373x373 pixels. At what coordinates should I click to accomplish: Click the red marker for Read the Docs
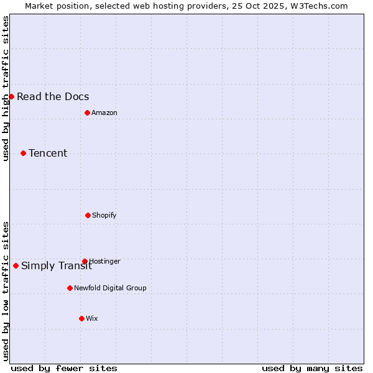(x=11, y=96)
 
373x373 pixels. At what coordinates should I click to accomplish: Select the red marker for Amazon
(x=87, y=113)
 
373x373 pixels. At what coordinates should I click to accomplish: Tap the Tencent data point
(x=23, y=153)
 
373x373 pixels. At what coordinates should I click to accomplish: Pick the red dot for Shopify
(x=88, y=215)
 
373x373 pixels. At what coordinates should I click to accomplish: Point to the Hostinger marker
(x=85, y=261)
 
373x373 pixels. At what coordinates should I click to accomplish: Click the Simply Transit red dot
(x=16, y=265)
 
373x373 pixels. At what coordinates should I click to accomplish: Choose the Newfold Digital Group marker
(x=70, y=288)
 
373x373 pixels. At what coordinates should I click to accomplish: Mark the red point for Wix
(x=81, y=318)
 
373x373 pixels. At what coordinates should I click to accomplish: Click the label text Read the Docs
(x=53, y=96)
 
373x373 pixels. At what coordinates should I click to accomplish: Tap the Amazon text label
(x=104, y=113)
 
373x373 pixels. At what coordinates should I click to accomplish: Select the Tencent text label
(x=48, y=153)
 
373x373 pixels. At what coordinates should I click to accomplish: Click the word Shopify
(x=104, y=215)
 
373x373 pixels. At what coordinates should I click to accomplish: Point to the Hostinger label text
(x=104, y=261)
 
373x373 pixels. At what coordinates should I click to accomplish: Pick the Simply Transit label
(x=57, y=266)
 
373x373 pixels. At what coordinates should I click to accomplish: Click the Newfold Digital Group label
(x=110, y=288)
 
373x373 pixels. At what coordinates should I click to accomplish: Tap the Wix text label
(x=92, y=318)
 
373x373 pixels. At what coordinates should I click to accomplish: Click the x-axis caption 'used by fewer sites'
(x=64, y=368)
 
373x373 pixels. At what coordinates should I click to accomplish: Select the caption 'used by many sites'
(x=312, y=368)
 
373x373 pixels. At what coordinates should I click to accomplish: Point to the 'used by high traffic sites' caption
(x=6, y=88)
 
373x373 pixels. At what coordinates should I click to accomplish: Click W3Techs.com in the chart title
(x=318, y=6)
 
